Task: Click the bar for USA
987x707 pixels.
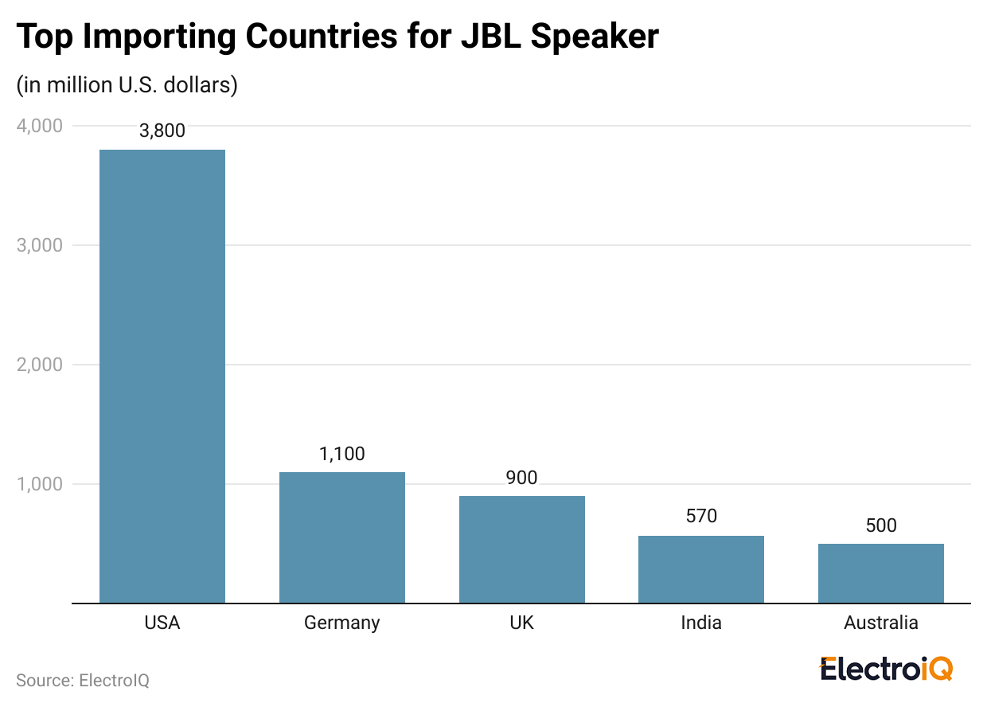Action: pos(162,376)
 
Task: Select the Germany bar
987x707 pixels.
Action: pos(342,537)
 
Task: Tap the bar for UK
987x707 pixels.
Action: pos(521,549)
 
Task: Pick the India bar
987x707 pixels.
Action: pos(701,569)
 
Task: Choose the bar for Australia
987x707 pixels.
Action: pos(881,573)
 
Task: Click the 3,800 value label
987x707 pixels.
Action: pos(162,131)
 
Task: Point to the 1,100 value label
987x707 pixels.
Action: pos(342,454)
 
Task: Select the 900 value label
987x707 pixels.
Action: pos(521,478)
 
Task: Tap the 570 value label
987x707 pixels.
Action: pos(701,516)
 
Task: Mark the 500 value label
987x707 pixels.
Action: pos(881,525)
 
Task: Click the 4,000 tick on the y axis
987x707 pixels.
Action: pos(39,126)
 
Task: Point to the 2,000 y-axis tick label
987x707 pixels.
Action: pos(39,365)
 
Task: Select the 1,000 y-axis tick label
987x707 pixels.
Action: pos(39,484)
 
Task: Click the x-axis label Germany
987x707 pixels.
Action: pos(342,623)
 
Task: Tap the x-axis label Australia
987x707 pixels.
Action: pos(881,623)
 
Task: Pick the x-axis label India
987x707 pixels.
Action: pos(701,623)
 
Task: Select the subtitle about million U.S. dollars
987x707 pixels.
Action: pos(127,85)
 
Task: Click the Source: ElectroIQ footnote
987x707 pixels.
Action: pos(83,681)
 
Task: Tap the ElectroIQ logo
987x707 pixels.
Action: pos(886,669)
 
